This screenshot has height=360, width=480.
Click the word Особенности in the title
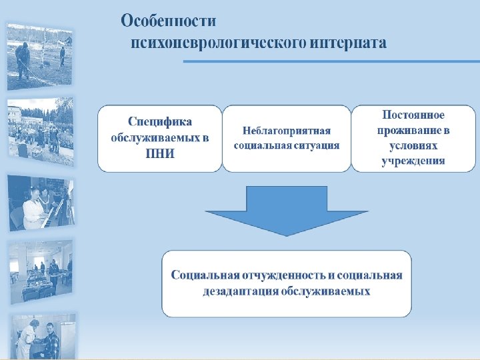click(x=168, y=21)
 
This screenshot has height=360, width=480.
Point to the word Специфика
click(x=160, y=122)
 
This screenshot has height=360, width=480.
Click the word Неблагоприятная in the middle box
click(x=287, y=131)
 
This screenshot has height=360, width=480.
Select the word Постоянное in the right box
click(x=413, y=115)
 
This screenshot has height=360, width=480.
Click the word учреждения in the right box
click(x=413, y=161)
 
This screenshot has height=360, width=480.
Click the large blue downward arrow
click(x=287, y=210)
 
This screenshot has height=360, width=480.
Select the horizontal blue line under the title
click(x=330, y=61)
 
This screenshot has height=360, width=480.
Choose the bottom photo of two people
click(x=39, y=337)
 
